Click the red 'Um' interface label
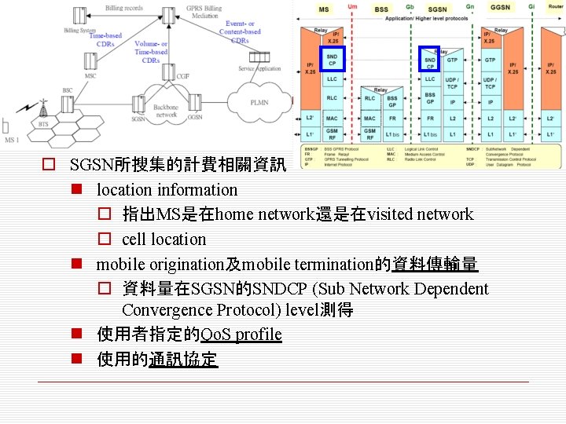pyautogui.click(x=353, y=7)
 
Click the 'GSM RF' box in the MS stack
pyautogui.click(x=333, y=134)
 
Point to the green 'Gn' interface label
pyautogui.click(x=469, y=7)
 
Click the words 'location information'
pyautogui.click(x=167, y=189)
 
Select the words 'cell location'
pyautogui.click(x=164, y=239)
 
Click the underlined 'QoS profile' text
pyautogui.click(x=241, y=334)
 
